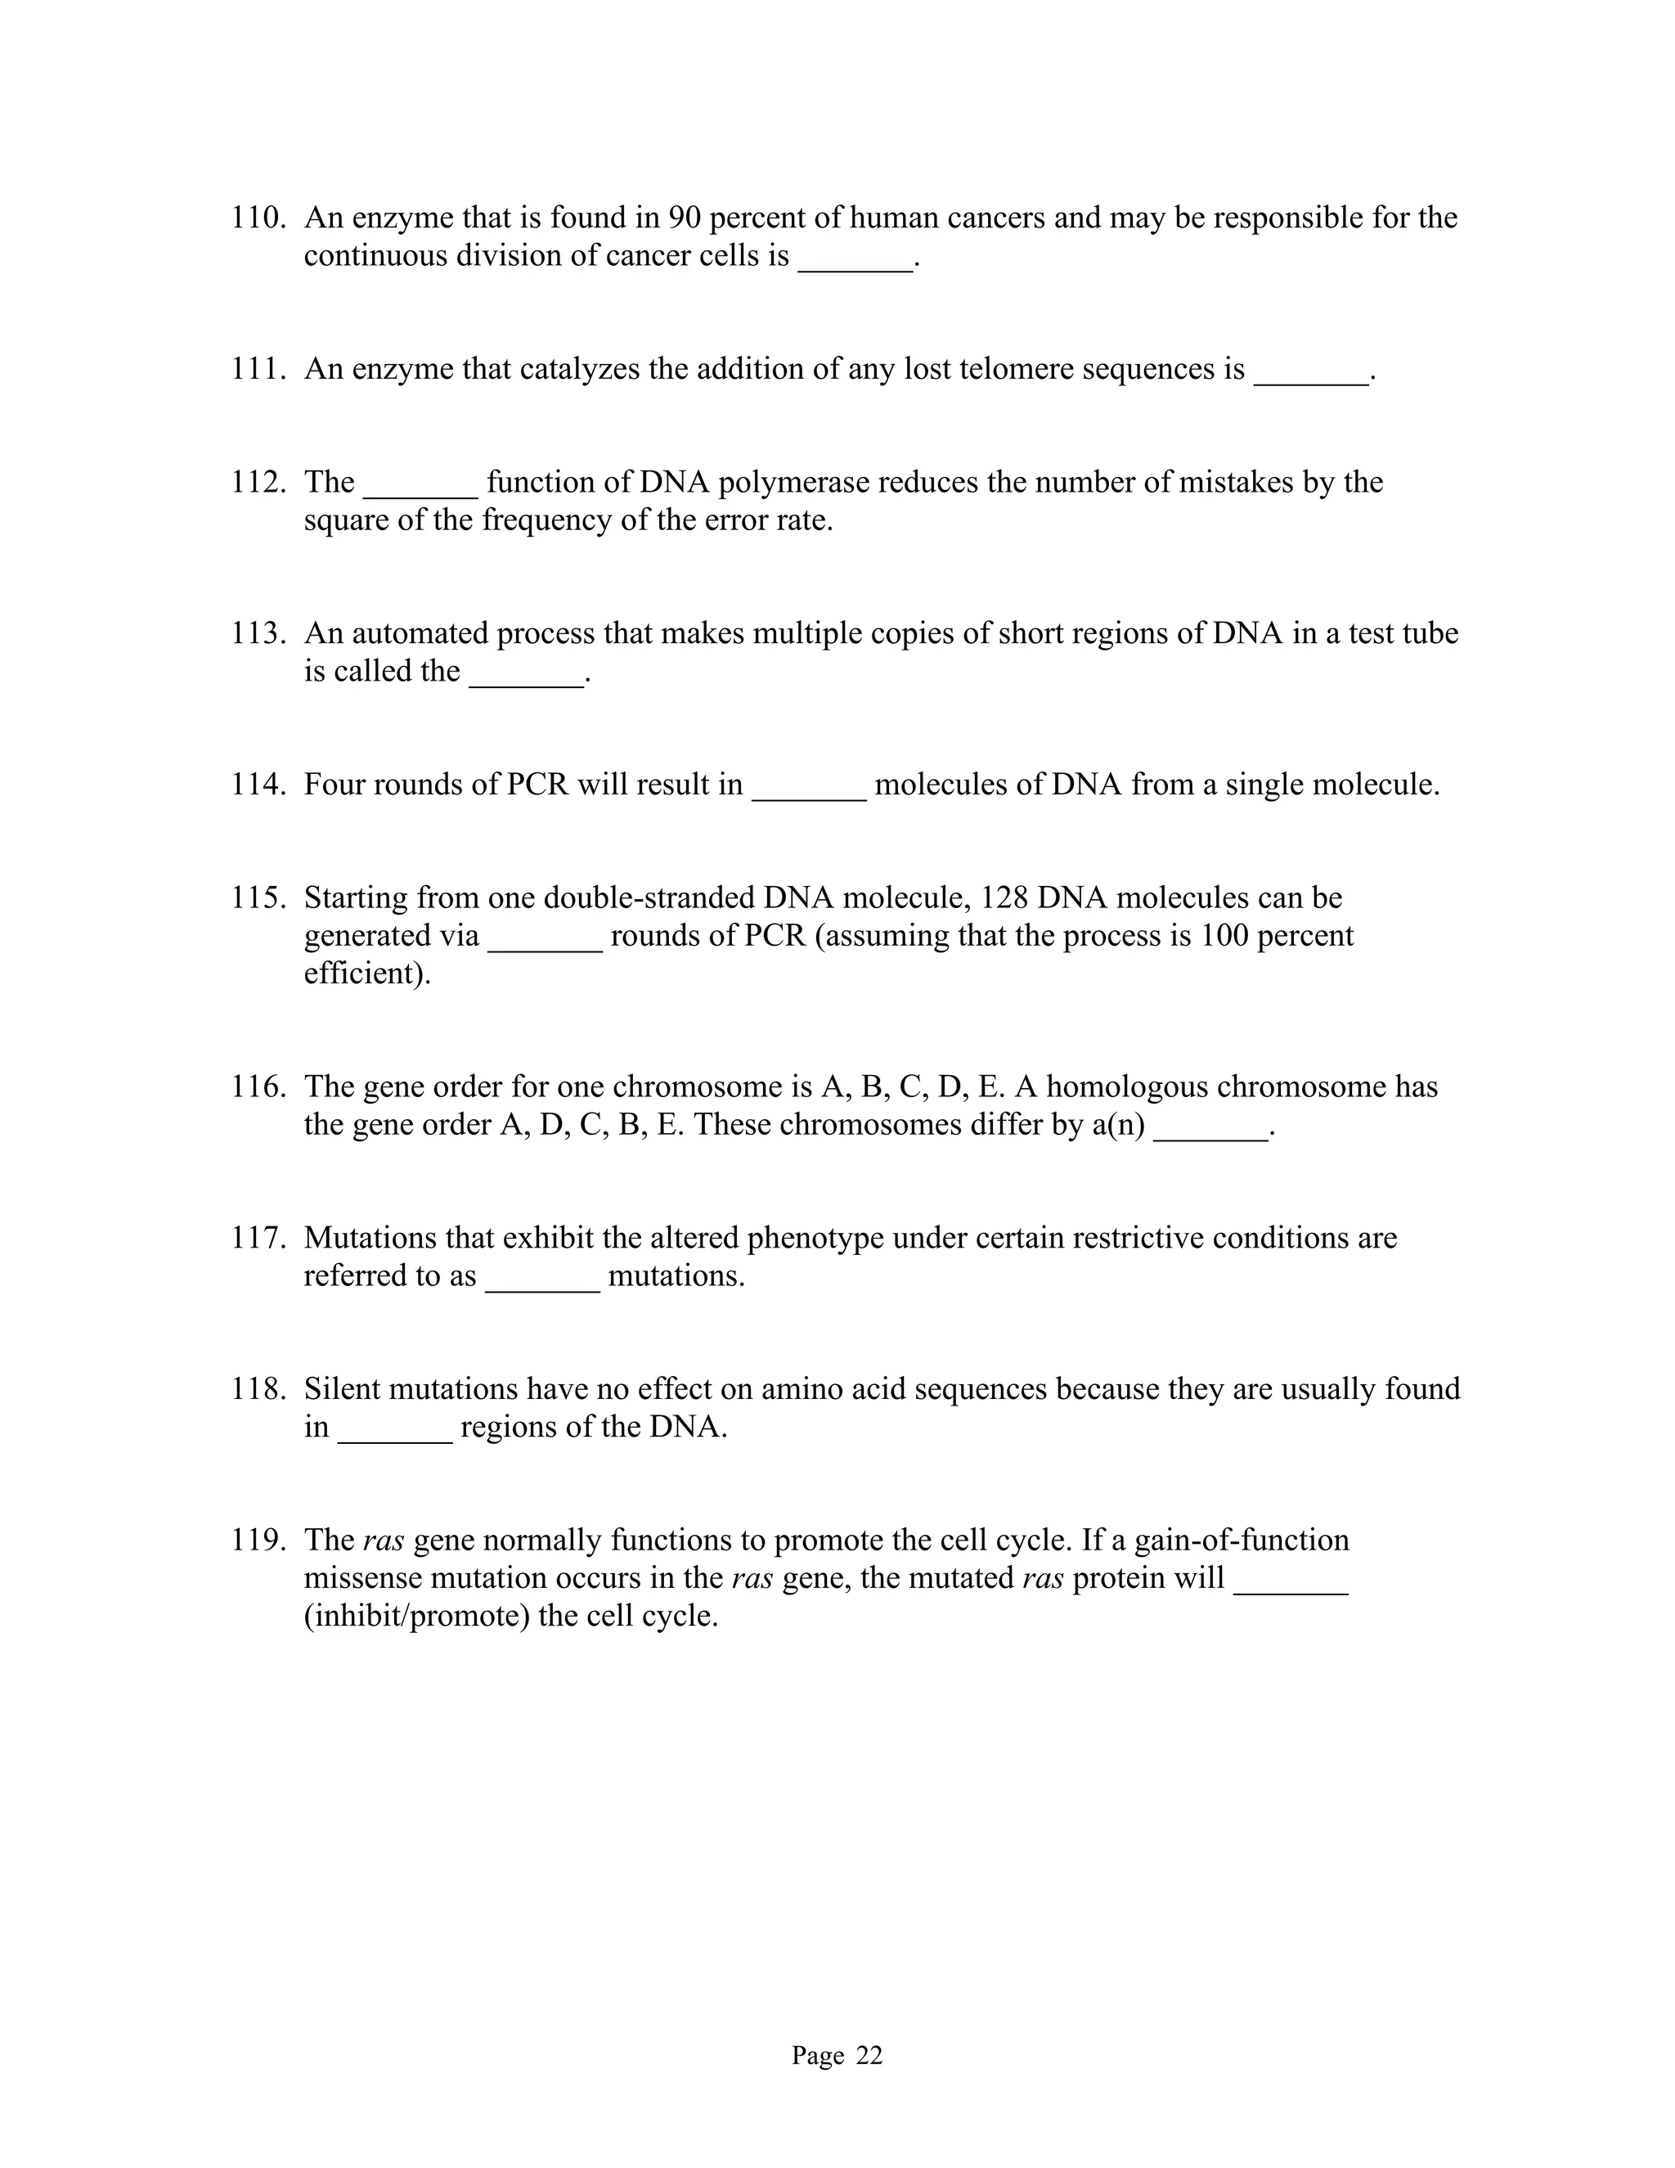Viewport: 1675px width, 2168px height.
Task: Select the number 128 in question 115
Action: tap(1004, 898)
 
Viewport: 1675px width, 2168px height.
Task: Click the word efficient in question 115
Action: tap(364, 974)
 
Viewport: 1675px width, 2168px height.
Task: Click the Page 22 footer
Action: tap(837, 2056)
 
